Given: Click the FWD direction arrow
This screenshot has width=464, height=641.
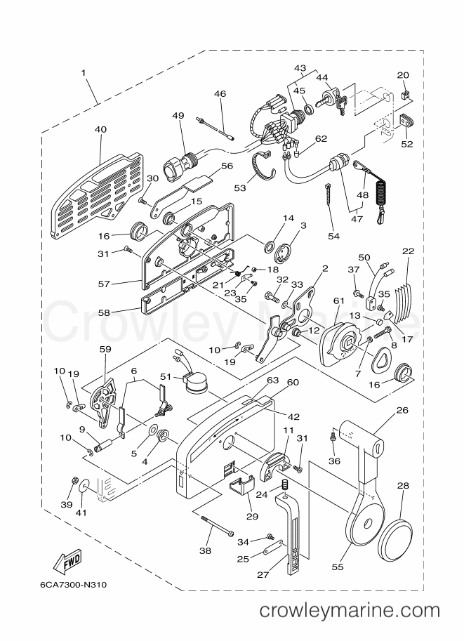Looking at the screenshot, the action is point(67,562).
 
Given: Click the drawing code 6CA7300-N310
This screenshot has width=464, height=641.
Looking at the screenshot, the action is point(74,585).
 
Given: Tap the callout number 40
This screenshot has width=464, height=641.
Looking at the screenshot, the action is point(100,130).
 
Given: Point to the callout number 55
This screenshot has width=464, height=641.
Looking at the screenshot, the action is point(338,567).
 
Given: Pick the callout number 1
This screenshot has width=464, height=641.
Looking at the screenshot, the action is point(84,73).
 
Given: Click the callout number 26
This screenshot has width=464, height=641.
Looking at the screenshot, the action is point(402,409).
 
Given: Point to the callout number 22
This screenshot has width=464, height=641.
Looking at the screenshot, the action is point(408,251).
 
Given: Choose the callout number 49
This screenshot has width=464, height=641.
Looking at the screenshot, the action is point(178,115).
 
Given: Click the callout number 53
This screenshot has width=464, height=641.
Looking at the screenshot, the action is point(240,187).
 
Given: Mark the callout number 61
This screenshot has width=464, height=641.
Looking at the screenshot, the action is point(339,301).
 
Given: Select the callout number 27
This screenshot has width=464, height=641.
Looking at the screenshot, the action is point(263,574).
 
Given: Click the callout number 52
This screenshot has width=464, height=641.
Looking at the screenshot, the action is point(406,144).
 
